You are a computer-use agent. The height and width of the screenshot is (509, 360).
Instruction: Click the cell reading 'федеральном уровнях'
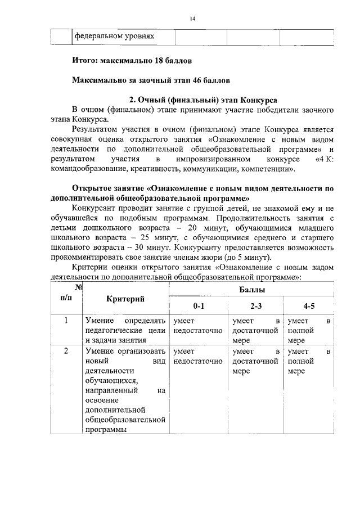[115, 37]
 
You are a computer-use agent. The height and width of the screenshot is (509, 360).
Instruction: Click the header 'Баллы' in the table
[251, 290]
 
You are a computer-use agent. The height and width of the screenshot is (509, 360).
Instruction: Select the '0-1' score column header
[199, 307]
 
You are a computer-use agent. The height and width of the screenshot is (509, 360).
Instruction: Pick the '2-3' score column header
[256, 307]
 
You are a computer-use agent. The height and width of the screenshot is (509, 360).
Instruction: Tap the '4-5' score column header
[309, 307]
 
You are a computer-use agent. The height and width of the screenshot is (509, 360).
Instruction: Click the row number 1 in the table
[66, 321]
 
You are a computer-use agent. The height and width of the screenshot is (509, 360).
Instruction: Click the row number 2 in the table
[66, 352]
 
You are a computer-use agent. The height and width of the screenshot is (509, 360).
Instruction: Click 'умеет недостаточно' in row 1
[199, 326]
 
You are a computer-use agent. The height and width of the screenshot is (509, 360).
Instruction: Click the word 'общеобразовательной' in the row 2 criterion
[125, 420]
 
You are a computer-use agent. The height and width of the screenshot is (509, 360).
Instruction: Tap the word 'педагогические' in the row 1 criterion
[112, 331]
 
